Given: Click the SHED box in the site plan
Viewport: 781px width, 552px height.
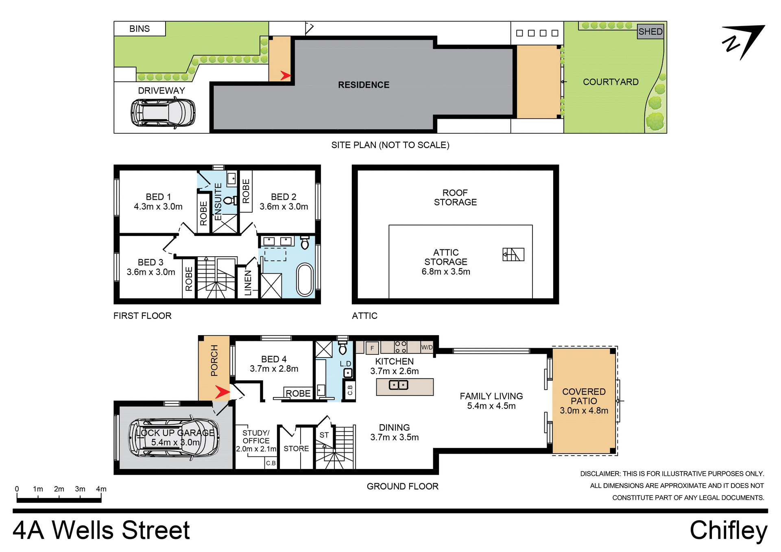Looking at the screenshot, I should point(650,32).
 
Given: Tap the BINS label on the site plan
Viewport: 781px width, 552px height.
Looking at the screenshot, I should point(140,29).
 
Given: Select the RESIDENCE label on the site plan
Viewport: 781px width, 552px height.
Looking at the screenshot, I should point(364,85).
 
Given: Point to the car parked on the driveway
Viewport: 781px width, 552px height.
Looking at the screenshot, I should point(163,113).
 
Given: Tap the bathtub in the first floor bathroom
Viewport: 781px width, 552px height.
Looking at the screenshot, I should point(305,279).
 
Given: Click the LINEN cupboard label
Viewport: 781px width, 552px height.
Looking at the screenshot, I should point(248,283).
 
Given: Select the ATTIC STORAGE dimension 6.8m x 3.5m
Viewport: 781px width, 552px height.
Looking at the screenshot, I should point(446,272).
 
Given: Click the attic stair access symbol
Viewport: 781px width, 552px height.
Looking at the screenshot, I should point(513,255).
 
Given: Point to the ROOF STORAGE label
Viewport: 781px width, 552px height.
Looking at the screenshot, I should point(455,197).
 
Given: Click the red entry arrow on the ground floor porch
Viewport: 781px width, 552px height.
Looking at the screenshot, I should point(222,392).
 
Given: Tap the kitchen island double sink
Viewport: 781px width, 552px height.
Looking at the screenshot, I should point(398,384).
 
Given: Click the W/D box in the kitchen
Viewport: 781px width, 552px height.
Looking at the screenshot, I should point(427,347).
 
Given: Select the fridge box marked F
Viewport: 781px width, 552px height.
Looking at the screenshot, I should point(372,348).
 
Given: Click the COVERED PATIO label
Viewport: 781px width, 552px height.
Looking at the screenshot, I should point(584,396).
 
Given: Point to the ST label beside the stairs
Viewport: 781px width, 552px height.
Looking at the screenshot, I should point(324,435).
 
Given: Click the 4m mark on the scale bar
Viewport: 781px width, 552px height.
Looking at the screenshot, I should point(101,489).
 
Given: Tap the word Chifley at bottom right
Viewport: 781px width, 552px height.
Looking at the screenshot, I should point(728,530).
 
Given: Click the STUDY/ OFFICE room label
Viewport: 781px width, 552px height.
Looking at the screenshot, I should point(256,437).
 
